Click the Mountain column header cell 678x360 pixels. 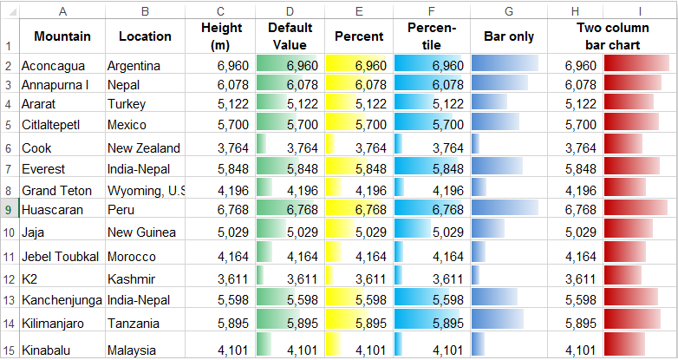62,36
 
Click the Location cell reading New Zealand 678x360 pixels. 144,148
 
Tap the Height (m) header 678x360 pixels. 221,36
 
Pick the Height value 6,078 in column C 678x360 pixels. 221,85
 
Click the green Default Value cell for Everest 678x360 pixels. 290,168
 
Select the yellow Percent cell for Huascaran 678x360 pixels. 358,209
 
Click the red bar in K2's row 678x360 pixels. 623,278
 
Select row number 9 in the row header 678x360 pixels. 9,209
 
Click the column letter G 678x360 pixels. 508,11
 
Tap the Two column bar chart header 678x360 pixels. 612,36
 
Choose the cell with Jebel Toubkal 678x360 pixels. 62,257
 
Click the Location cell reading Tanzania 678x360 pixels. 144,323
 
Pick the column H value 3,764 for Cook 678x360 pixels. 576,148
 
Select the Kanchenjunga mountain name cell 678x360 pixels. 62,300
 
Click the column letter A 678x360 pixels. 62,11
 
